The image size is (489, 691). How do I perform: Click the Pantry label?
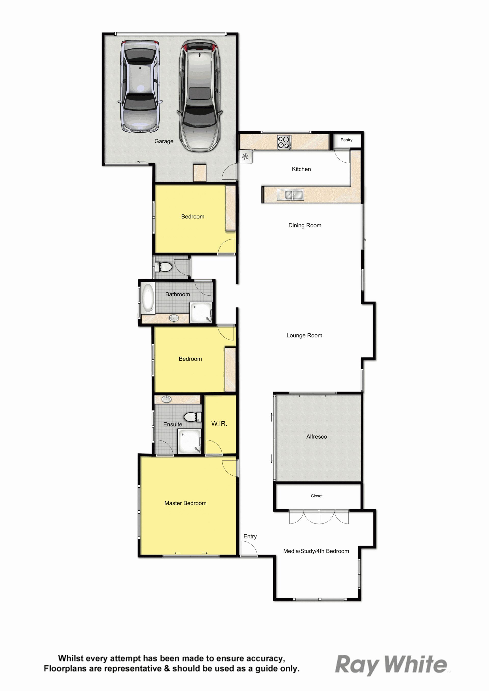click(346, 140)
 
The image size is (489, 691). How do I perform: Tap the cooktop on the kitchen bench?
click(284, 142)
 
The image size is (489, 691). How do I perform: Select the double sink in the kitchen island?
click(290, 195)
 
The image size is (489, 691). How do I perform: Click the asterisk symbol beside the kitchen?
click(246, 157)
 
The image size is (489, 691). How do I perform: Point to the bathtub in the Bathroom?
click(148, 297)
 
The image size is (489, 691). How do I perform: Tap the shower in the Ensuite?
click(190, 441)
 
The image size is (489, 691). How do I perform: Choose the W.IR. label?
click(219, 424)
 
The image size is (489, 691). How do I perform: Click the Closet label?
click(317, 496)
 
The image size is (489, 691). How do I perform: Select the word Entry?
click(250, 536)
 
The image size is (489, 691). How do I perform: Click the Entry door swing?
click(249, 549)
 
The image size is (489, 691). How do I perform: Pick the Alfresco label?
click(317, 437)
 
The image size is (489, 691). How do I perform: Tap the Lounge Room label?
click(304, 335)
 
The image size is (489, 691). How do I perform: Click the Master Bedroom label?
click(185, 503)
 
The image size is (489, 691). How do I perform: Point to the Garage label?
click(164, 142)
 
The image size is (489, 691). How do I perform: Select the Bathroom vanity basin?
click(174, 318)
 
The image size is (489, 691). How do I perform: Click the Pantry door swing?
click(342, 156)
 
